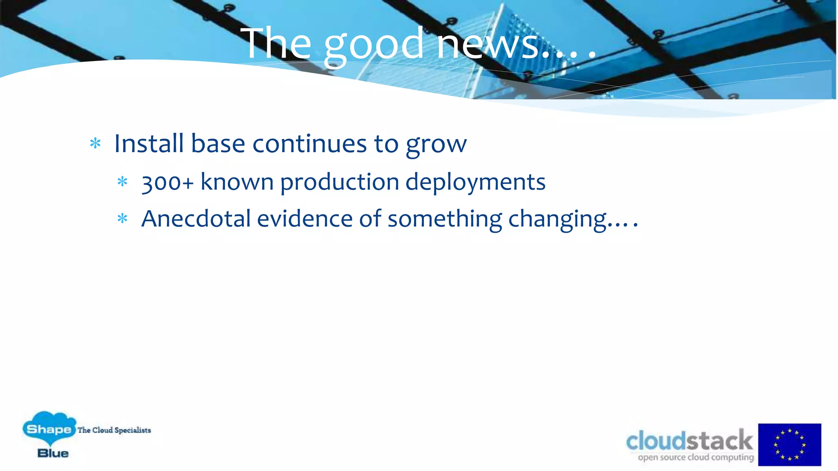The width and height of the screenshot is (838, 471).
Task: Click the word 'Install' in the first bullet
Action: [149, 144]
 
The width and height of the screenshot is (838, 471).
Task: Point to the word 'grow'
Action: [436, 145]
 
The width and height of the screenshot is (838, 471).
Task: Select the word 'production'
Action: [339, 182]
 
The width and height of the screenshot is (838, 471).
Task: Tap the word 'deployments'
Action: [475, 182]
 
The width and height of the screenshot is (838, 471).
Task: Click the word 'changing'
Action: [557, 220]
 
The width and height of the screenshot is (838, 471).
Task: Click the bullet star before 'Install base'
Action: [95, 144]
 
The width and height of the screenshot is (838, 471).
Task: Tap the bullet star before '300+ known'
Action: [122, 182]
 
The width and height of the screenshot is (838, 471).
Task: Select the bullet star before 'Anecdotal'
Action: [122, 219]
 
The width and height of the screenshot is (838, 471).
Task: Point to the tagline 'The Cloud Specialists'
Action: [114, 430]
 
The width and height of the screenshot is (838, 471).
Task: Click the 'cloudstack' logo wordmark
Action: [689, 441]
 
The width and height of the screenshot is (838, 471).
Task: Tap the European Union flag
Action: [789, 444]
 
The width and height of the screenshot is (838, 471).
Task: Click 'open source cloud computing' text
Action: [696, 458]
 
